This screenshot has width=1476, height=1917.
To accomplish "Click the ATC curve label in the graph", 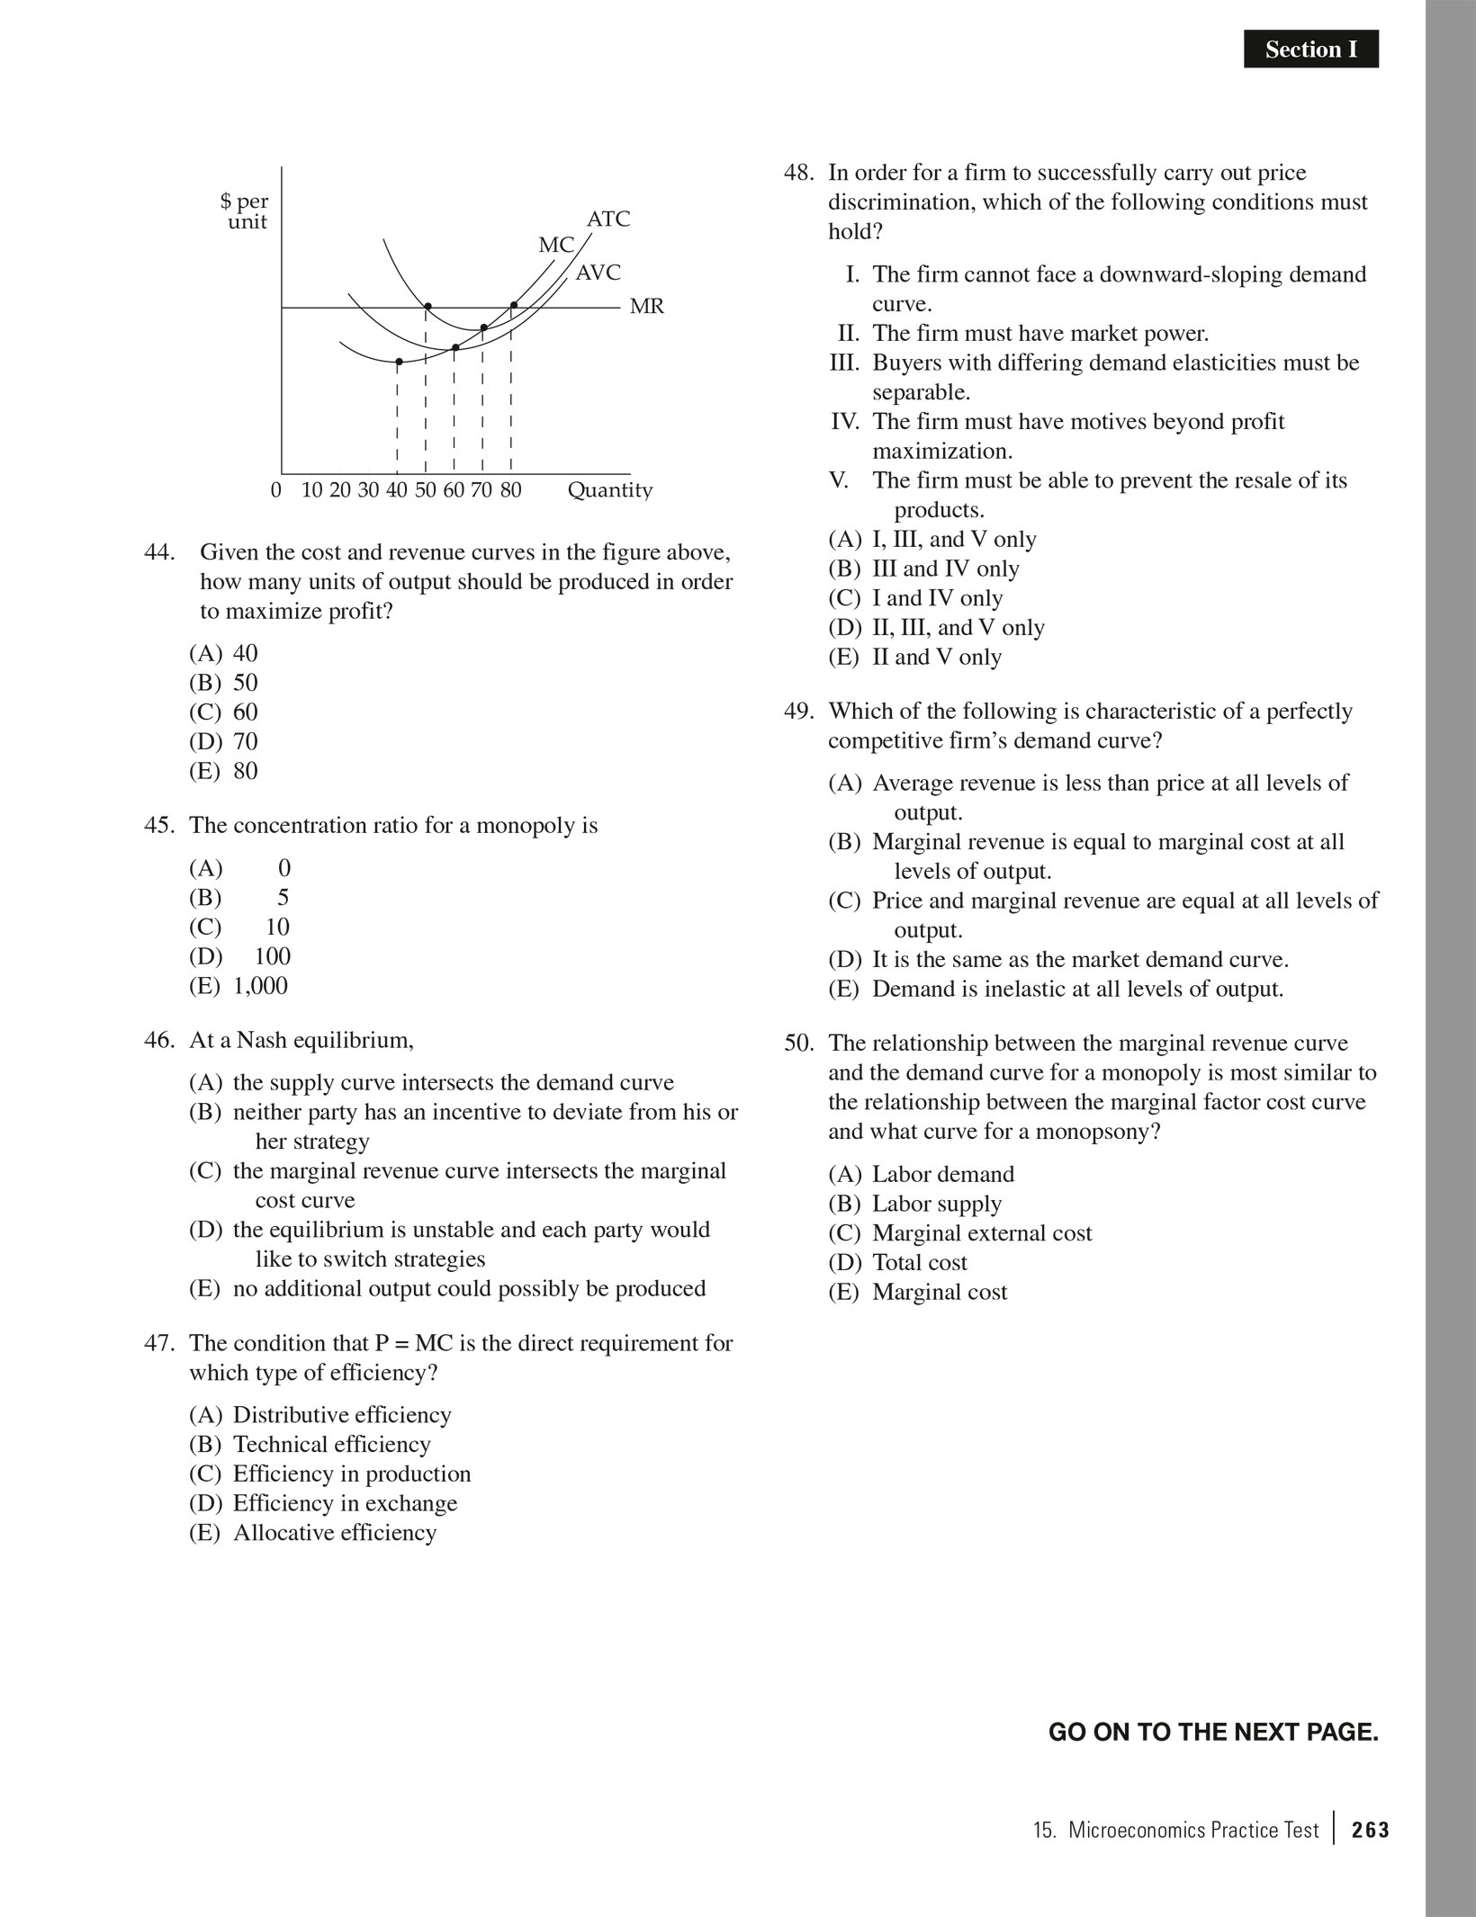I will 608,219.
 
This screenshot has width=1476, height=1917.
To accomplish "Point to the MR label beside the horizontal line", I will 646,307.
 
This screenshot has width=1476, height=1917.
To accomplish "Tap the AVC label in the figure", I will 598,273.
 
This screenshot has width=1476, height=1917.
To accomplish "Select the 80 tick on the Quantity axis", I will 510,490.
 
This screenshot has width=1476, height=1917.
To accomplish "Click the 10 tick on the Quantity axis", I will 311,490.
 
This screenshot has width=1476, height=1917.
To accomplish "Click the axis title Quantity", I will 609,490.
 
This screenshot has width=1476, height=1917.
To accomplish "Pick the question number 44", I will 158,552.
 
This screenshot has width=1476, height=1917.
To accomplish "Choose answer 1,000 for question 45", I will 260,986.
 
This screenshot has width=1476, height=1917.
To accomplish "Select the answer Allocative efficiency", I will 334,1533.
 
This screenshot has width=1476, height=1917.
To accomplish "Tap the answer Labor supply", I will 936,1204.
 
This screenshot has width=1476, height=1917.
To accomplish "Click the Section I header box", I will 1310,49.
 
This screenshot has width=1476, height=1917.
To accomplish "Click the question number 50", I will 798,1044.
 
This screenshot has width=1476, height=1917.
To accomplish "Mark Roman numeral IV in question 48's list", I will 845,422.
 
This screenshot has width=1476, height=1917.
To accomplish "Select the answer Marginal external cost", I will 981,1233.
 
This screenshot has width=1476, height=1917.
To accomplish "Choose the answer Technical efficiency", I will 331,1445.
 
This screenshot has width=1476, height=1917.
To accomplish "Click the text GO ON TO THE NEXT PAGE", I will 1213,1733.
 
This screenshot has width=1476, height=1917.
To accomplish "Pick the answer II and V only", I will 936,658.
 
